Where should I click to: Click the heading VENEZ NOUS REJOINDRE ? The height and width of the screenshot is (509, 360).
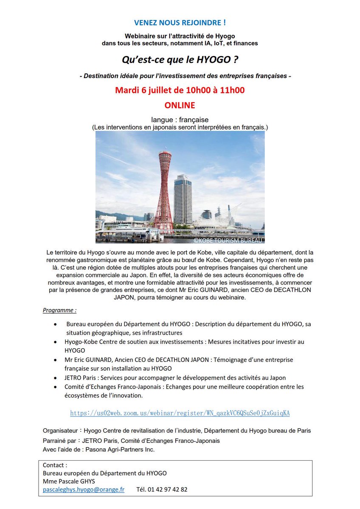180,23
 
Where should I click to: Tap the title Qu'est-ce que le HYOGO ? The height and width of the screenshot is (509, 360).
180,61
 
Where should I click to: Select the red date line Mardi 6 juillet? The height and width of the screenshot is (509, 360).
180,90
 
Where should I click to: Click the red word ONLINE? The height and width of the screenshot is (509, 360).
180,105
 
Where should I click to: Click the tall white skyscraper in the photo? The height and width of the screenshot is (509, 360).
183,199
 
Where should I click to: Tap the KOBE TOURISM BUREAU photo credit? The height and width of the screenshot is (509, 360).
228,240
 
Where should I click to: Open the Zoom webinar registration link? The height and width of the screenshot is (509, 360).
180,413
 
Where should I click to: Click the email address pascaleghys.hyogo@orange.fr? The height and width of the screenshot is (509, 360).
84,489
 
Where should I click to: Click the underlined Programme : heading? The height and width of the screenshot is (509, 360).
60,310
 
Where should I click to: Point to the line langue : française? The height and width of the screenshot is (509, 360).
180,120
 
